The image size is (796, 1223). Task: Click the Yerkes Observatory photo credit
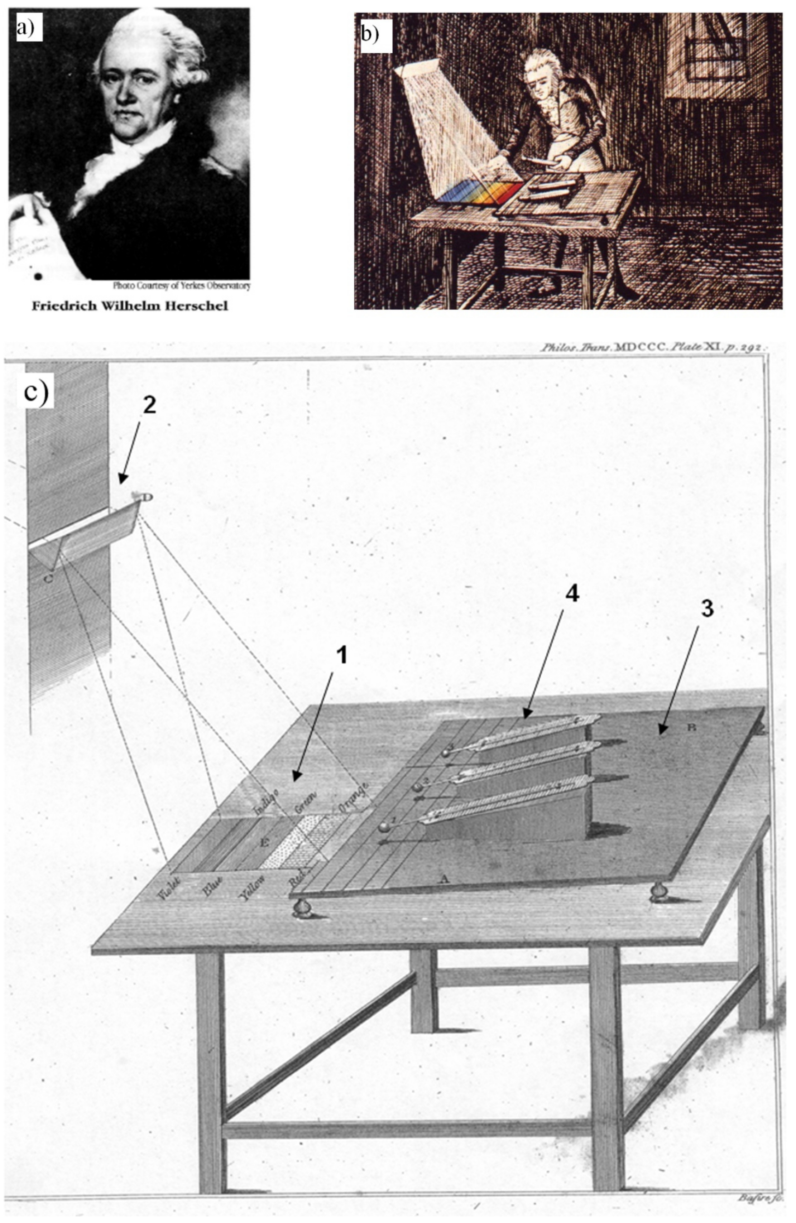(181, 286)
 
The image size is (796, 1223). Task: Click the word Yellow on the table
(252, 889)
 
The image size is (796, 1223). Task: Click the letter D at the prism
(147, 497)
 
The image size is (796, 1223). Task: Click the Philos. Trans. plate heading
(653, 348)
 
